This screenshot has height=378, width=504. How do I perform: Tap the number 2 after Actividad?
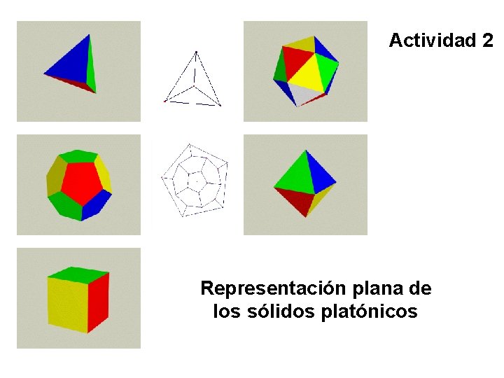point(487,41)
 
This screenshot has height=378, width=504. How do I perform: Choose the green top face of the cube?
point(78,274)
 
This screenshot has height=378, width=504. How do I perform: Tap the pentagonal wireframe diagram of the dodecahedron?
point(194,179)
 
